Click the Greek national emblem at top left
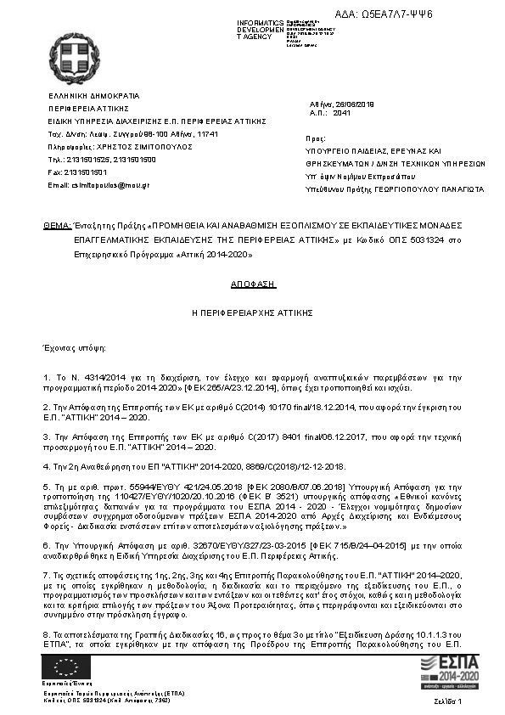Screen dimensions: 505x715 coord(73,59)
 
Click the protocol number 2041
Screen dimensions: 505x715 coord(342,112)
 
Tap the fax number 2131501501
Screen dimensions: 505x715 coord(89,172)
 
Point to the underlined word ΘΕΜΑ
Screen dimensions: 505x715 coord(57,228)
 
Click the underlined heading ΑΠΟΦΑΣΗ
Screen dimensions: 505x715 coord(254,286)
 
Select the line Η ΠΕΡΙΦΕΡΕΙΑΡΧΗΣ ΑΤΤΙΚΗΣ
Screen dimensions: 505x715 coord(253,313)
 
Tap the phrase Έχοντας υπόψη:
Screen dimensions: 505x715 coord(75,348)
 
